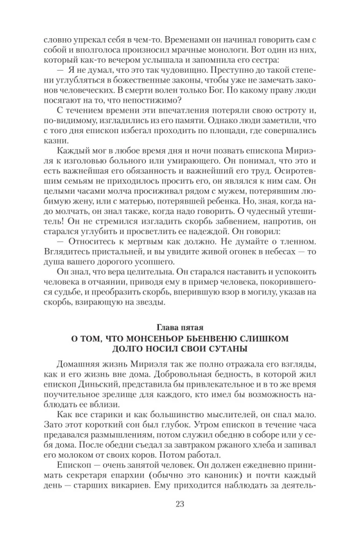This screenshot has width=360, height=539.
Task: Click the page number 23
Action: click(180, 504)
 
